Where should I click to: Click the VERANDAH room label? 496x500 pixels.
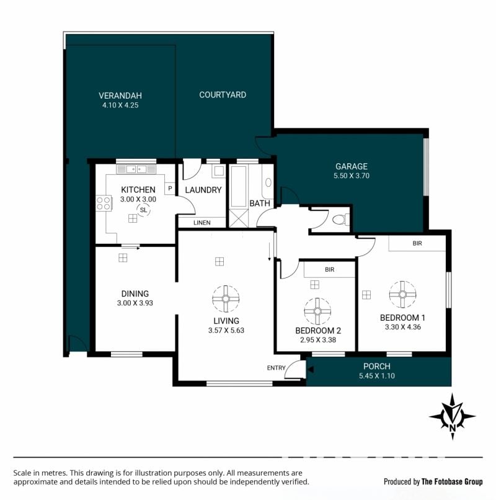click(x=120, y=96)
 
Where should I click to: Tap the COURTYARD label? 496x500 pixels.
click(x=223, y=95)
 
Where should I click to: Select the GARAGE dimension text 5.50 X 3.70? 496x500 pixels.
click(x=352, y=176)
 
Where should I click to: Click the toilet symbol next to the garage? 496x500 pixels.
click(x=340, y=220)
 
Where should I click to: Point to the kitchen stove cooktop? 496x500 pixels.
click(x=104, y=203)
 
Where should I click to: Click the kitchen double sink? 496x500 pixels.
click(x=136, y=169)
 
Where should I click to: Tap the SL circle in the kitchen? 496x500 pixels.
click(x=143, y=210)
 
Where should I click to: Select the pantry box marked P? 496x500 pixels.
click(x=170, y=189)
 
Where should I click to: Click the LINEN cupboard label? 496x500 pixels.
click(x=201, y=223)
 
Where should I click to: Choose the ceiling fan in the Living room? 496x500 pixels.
click(x=226, y=299)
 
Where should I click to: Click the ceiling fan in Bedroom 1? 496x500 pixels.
click(x=402, y=294)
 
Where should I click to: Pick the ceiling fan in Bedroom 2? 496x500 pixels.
click(x=317, y=311)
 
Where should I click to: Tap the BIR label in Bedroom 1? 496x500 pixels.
click(x=417, y=243)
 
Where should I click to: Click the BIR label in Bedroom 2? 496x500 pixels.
click(x=330, y=270)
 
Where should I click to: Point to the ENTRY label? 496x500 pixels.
click(x=276, y=368)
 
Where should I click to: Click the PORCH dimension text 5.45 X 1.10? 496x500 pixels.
click(x=377, y=376)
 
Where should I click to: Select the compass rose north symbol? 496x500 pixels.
click(x=453, y=416)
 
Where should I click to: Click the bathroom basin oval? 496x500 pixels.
click(x=268, y=182)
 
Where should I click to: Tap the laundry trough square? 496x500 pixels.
click(x=219, y=171)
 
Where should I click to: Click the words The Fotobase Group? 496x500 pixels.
click(x=452, y=481)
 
